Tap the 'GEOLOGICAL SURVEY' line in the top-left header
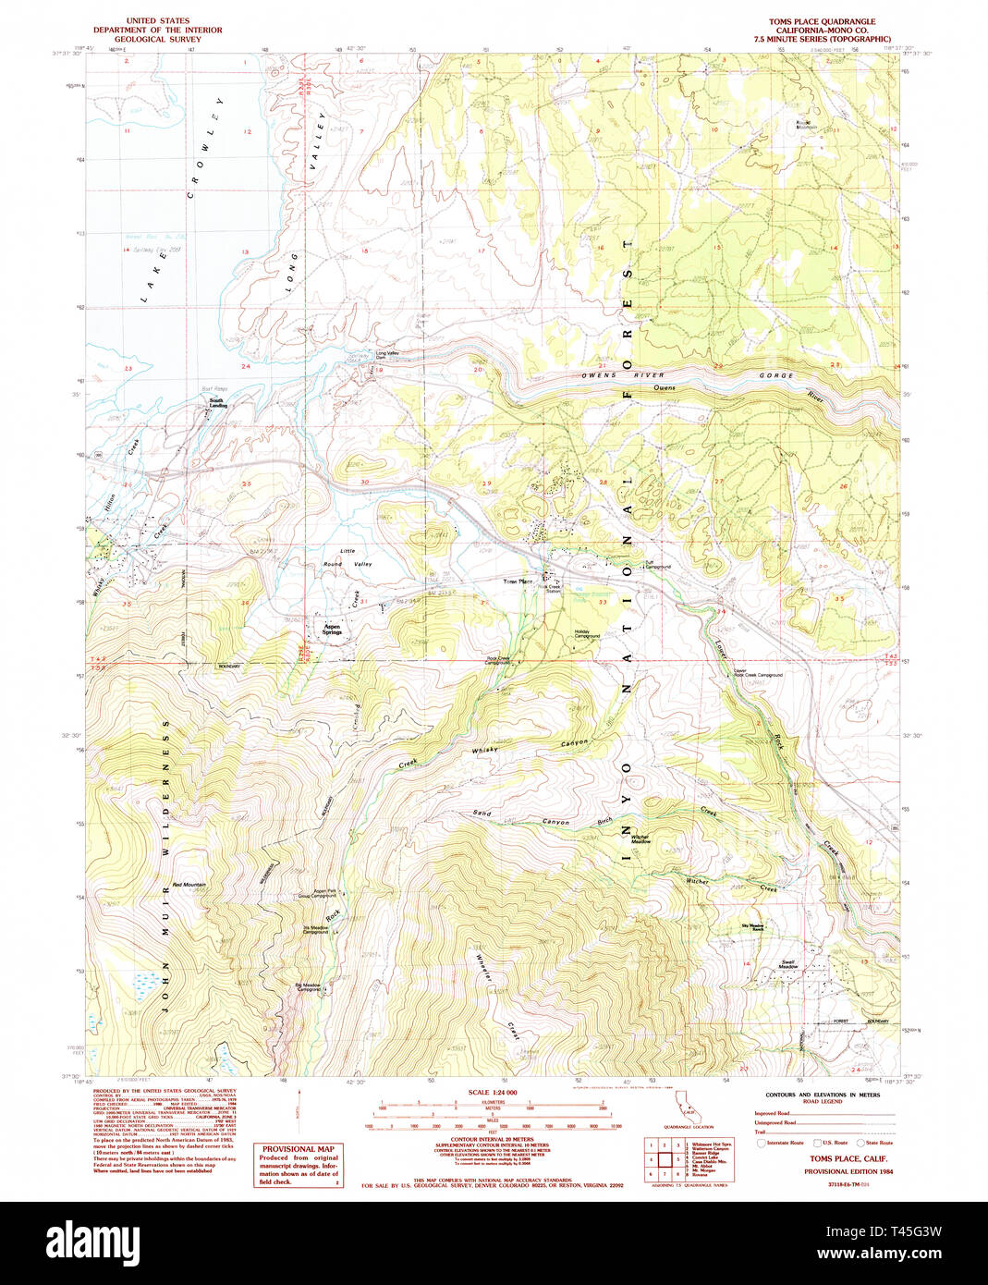(157, 39)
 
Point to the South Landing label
(218, 404)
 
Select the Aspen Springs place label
(332, 630)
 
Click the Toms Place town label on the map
(518, 581)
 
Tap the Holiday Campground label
(588, 634)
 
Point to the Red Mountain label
(189, 885)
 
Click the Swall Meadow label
(787, 963)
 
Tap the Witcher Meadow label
(640, 839)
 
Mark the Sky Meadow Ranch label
(752, 926)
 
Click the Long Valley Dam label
(387, 353)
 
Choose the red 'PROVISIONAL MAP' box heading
(298, 1149)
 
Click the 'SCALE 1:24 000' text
(494, 1093)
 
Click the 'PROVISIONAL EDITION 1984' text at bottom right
(848, 1171)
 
